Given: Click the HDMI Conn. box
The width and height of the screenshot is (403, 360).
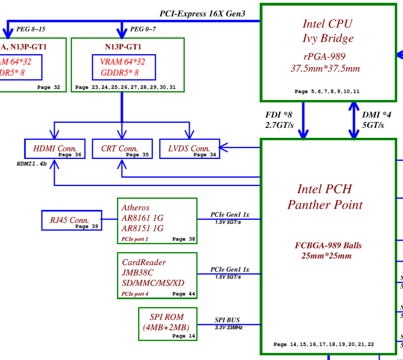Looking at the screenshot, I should tap(55, 149).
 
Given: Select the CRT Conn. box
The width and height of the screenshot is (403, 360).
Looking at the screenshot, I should tap(122, 149).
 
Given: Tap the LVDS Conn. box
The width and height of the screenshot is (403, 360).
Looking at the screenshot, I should tap(190, 149).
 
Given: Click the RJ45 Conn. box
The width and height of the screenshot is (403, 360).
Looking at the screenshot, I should tap(72, 220).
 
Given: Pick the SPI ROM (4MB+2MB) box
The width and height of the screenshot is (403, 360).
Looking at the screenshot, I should tap(167, 323).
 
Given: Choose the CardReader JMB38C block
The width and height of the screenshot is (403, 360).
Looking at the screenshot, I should tap(157, 275).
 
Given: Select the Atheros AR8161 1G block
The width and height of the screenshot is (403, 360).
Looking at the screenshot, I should tap(157, 221).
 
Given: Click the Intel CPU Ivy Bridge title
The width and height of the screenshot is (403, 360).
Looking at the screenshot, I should tap(328, 31).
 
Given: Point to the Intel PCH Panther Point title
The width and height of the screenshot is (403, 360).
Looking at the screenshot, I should tap(325, 197).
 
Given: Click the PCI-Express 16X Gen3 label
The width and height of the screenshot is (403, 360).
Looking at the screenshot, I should tap(202, 14).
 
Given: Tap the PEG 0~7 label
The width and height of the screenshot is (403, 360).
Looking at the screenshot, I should tap(143, 29).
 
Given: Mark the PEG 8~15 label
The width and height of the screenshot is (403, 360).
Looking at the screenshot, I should tap(31, 29).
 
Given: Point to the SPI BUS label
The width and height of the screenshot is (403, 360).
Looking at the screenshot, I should tap(227, 320).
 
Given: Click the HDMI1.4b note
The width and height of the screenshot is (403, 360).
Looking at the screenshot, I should tap(32, 163).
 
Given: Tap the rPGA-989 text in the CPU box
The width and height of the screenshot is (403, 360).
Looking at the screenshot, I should tap(324, 56).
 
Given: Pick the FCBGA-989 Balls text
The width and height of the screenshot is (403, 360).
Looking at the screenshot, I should tap(328, 245).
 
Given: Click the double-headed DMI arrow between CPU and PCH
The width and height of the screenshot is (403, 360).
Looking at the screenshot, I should tap(354, 119).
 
